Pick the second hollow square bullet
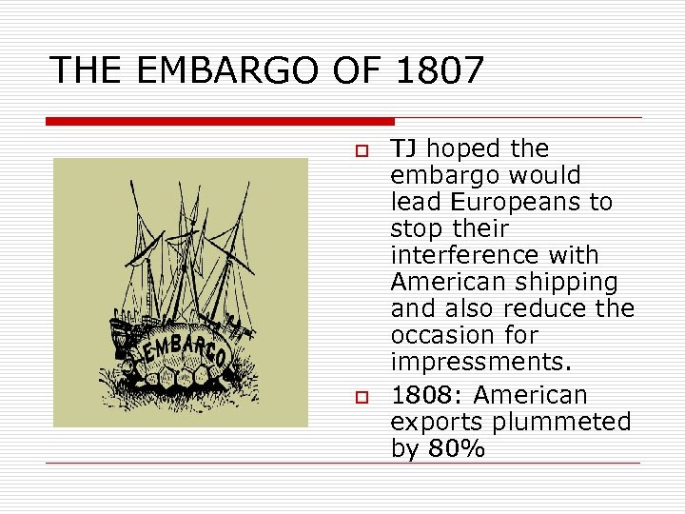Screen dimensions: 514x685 tap(362, 396)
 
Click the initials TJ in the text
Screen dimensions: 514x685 tap(407, 148)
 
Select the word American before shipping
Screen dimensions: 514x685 tap(450, 282)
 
